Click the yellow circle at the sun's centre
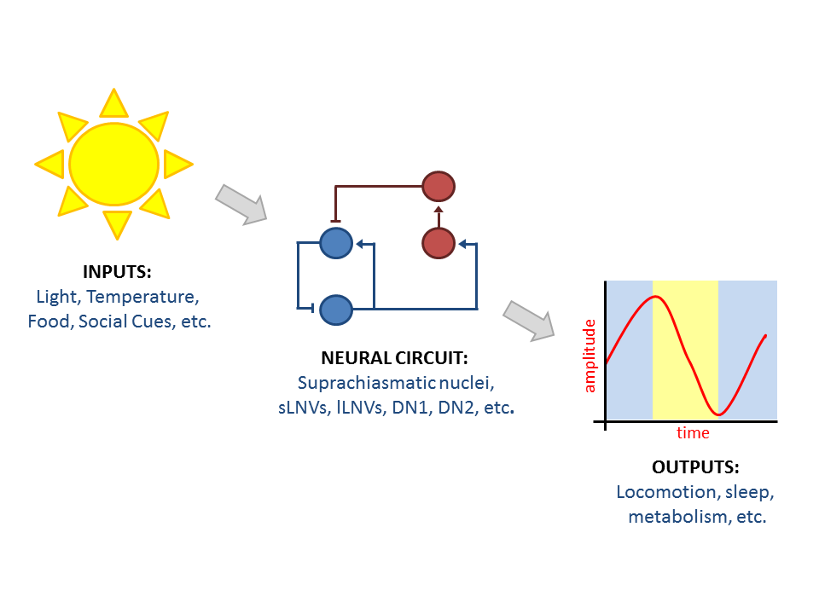(x=113, y=163)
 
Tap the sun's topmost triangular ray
(x=113, y=104)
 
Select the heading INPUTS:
(x=116, y=273)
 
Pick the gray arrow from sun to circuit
(x=241, y=204)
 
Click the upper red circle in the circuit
(x=439, y=185)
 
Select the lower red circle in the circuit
(x=439, y=243)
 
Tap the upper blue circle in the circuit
(x=335, y=243)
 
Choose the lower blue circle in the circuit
(x=335, y=309)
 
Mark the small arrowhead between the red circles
(x=439, y=210)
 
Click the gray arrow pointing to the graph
(x=529, y=321)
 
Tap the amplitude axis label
(x=590, y=355)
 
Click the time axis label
(x=693, y=433)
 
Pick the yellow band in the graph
(x=685, y=350)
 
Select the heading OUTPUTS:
(x=695, y=467)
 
